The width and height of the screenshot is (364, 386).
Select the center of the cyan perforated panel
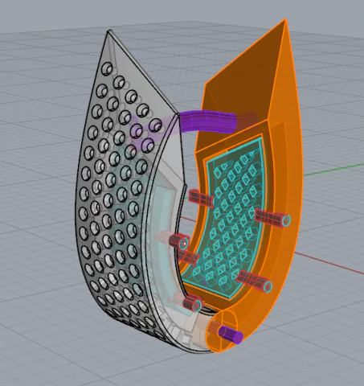coord(229,213)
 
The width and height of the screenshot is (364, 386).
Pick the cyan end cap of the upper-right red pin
coord(285,220)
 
